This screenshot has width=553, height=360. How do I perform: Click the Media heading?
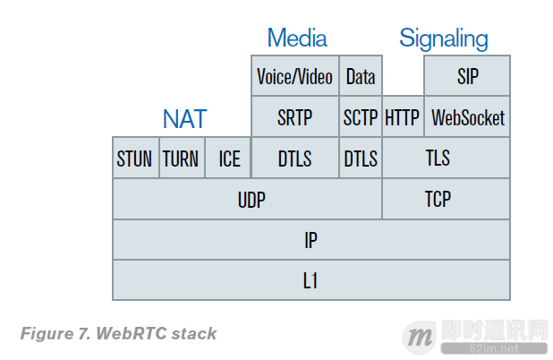297,39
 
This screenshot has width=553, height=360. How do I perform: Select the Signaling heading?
444,39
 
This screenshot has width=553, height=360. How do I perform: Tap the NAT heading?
184,118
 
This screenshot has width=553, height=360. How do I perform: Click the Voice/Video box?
294,76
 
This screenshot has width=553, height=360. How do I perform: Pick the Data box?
361,76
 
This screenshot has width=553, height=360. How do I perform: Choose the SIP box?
467,76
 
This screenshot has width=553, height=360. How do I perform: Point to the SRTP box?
294,117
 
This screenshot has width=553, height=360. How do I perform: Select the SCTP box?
361,117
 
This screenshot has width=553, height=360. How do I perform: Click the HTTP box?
403,117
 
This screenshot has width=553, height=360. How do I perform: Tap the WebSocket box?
467,117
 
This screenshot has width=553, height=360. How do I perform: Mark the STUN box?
135,159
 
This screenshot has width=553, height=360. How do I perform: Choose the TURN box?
181,159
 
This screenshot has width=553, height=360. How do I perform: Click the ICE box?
228,159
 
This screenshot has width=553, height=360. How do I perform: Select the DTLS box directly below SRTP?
294,159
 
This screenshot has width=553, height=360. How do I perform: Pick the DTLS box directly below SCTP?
361,159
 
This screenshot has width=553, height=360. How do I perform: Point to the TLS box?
446,159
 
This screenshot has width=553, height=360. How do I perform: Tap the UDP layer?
246,199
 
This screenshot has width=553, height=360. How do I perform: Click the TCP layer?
446,199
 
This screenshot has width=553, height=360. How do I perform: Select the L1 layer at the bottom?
311,280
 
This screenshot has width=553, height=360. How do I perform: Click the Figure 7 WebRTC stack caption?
118,334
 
